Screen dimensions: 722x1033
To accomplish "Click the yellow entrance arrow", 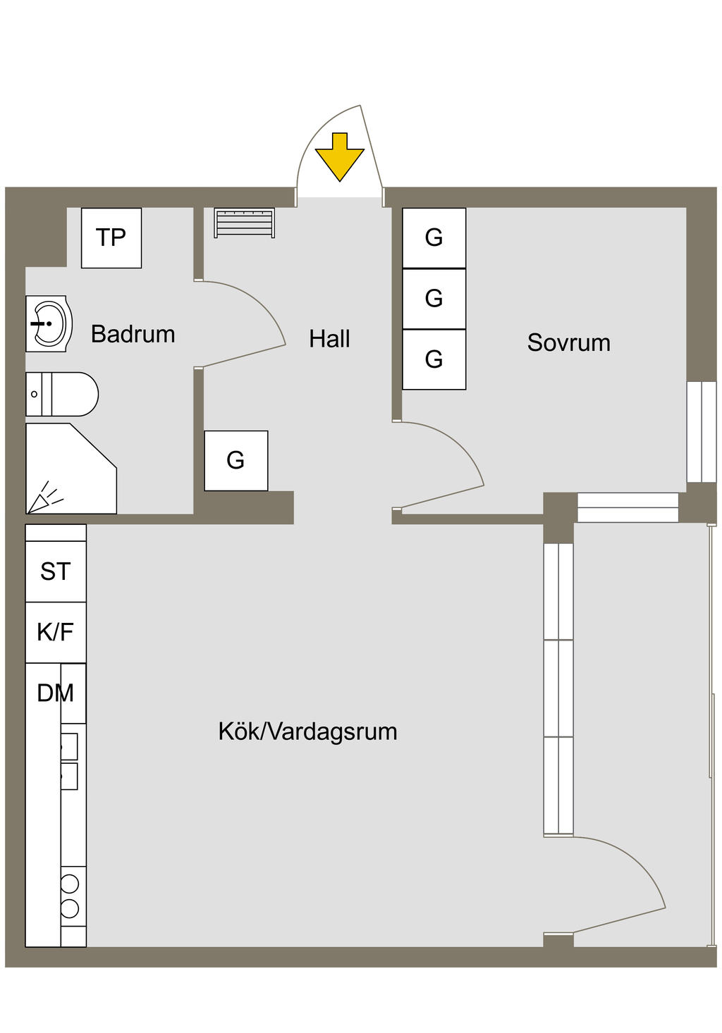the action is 340,157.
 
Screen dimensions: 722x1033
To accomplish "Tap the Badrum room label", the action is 133,334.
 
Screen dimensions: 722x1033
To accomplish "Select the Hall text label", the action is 329,339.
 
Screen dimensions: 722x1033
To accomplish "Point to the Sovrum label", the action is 569,342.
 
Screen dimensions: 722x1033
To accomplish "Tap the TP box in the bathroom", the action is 111,238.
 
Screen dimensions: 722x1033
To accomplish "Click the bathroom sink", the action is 49,323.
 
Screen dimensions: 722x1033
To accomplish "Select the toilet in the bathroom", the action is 62,395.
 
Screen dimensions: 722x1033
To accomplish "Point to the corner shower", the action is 71,469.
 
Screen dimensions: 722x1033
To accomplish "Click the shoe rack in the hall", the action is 245,223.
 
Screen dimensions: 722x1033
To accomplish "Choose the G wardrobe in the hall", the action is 236,461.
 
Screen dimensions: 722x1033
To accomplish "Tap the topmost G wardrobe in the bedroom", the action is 434,238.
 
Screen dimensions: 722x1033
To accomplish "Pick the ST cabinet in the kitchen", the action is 56,571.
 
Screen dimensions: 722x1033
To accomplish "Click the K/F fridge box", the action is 56,633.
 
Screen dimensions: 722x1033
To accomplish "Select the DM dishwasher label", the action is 56,693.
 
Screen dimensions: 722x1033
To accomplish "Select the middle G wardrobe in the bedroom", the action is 434,299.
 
